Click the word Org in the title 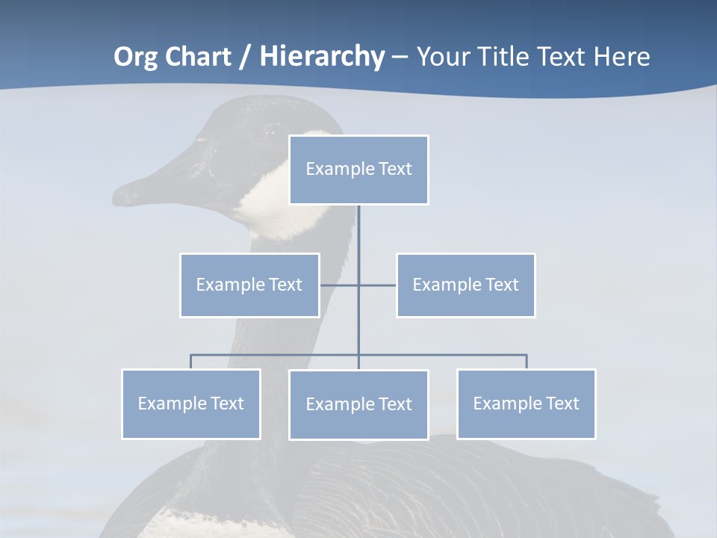click(x=134, y=57)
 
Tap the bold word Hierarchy click(x=322, y=57)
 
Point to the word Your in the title click(x=444, y=57)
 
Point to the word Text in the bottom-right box click(x=562, y=403)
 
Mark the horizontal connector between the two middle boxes click(x=377, y=285)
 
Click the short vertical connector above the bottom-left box click(x=191, y=362)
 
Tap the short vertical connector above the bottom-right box click(x=527, y=362)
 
